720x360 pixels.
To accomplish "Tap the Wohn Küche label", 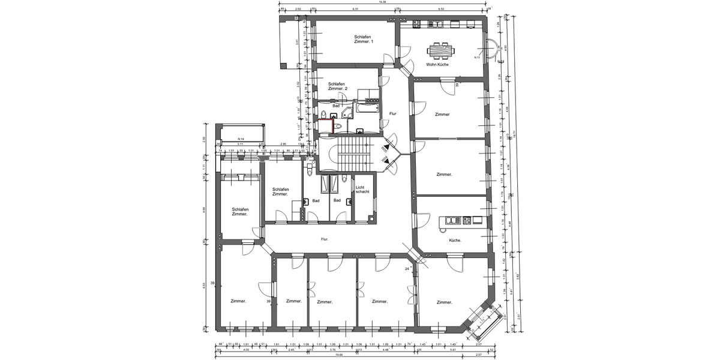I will click(x=437, y=64).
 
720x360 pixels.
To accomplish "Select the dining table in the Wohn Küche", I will click(x=441, y=49).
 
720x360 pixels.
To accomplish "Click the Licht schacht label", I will click(x=362, y=189).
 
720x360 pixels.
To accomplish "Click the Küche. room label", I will click(x=455, y=240).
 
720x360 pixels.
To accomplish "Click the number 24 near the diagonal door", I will click(x=407, y=268).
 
